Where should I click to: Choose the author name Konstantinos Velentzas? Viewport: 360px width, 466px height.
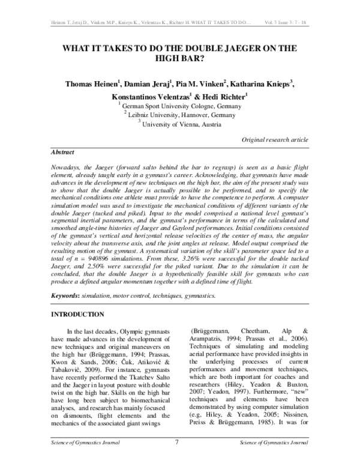(152, 96)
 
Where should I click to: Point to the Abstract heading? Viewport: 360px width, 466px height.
(62, 153)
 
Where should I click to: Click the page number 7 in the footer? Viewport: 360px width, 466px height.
(177, 459)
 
